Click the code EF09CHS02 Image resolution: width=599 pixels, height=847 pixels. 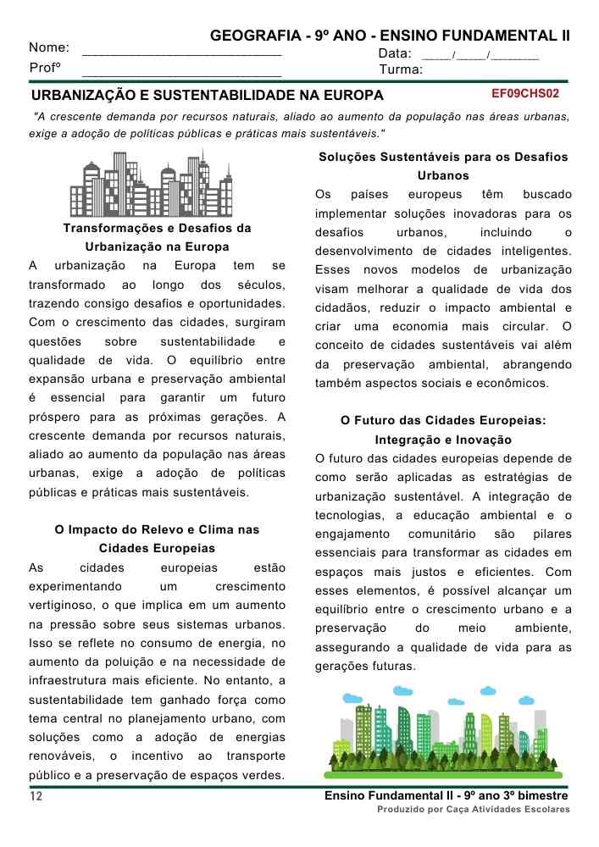click(525, 92)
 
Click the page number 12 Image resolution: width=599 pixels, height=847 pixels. click(36, 797)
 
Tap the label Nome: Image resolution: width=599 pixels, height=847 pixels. click(49, 48)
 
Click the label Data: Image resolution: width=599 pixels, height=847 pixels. click(395, 53)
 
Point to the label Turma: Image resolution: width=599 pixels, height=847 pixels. click(401, 69)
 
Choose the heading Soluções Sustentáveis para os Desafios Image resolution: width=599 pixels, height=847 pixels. click(443, 158)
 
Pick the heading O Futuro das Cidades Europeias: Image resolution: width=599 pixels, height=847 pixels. click(443, 420)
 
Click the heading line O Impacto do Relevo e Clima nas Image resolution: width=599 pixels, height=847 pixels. click(157, 529)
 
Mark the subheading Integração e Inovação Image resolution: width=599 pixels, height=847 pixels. click(443, 440)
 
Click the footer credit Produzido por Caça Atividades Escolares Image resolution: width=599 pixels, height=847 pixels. click(474, 810)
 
